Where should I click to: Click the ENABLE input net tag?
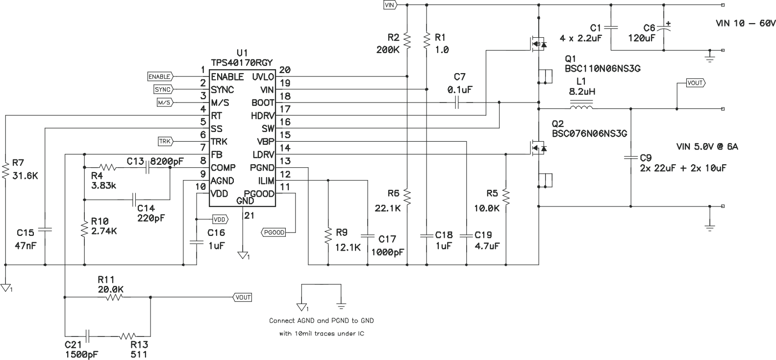[159, 77]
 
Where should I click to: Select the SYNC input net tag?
[162, 89]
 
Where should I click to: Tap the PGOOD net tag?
[273, 232]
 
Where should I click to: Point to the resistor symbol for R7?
[6, 170]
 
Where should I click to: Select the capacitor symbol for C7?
[457, 103]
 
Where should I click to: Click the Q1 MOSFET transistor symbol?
[536, 45]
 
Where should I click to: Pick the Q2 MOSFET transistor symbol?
[536, 147]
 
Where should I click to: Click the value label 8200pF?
[167, 160]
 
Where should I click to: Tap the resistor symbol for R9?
[327, 235]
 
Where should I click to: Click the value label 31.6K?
[25, 176]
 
